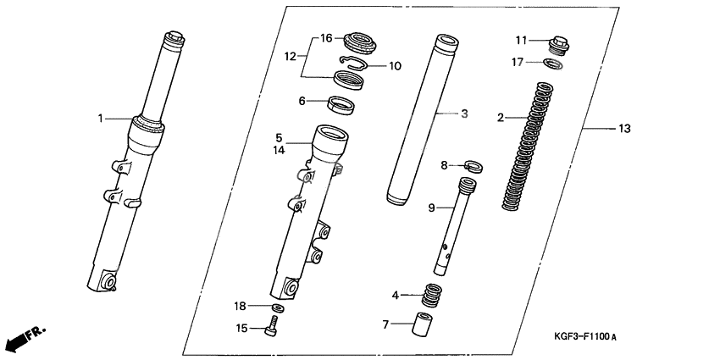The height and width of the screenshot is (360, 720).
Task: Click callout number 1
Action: pyautogui.click(x=99, y=119)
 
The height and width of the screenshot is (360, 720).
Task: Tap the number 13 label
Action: pyautogui.click(x=624, y=129)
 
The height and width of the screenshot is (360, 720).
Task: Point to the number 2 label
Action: pyautogui.click(x=501, y=117)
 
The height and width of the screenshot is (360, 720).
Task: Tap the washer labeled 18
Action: pyautogui.click(x=276, y=306)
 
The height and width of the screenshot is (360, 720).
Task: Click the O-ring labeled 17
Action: pyautogui.click(x=553, y=64)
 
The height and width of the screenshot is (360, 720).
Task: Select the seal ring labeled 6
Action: pyautogui.click(x=342, y=104)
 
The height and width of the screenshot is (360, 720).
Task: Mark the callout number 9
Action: pyautogui.click(x=432, y=208)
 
